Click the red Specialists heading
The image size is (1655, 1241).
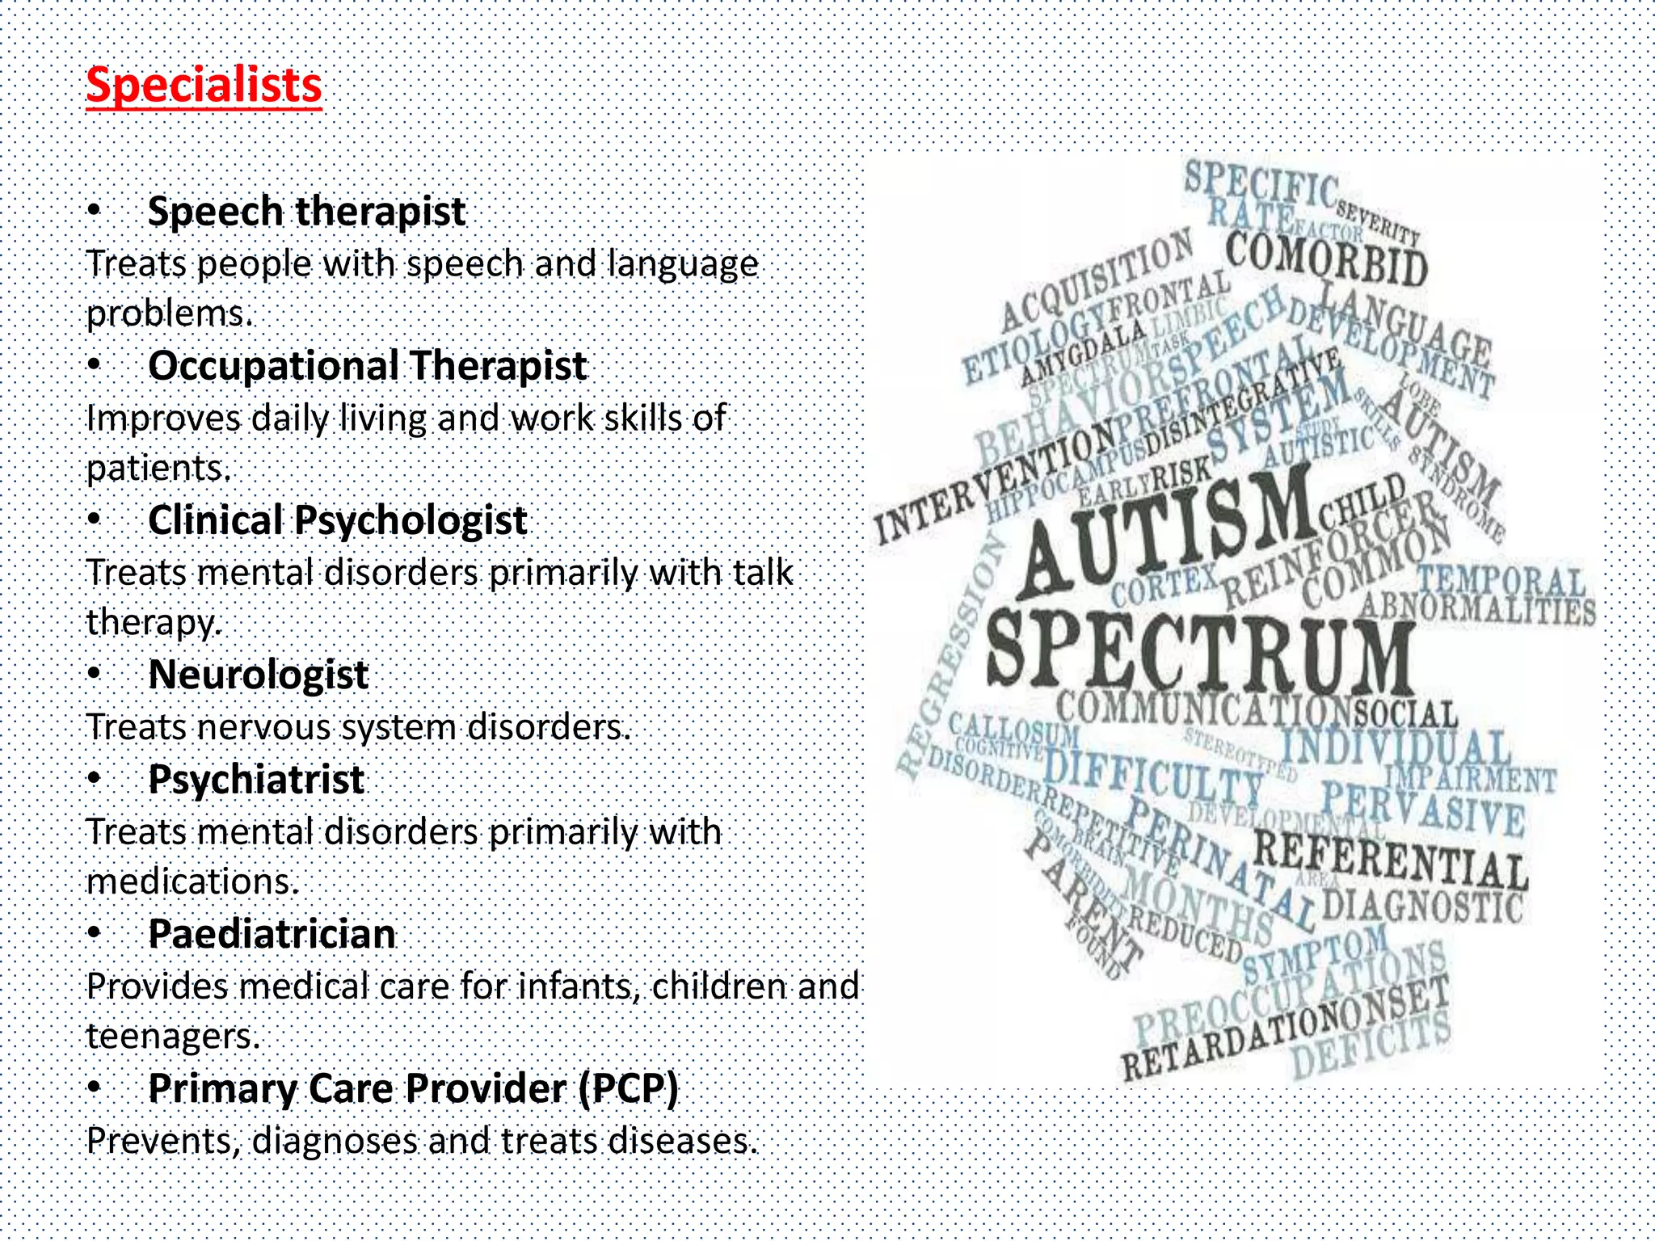click(x=204, y=85)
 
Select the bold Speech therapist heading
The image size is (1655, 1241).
click(x=306, y=212)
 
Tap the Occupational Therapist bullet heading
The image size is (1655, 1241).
click(x=367, y=365)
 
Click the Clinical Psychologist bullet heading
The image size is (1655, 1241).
click(x=337, y=520)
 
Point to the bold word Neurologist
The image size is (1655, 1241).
click(x=259, y=675)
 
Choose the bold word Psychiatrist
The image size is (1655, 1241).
click(x=256, y=780)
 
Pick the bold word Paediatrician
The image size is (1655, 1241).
click(x=272, y=934)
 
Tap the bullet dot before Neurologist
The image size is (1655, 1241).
click(x=95, y=672)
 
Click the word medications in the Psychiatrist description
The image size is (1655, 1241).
click(x=192, y=881)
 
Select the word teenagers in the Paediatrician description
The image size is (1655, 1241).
click(x=172, y=1037)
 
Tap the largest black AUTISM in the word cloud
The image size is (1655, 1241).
click(x=1164, y=529)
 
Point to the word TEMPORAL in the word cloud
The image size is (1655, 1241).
click(x=1501, y=580)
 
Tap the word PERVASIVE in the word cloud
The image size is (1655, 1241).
click(x=1422, y=808)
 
